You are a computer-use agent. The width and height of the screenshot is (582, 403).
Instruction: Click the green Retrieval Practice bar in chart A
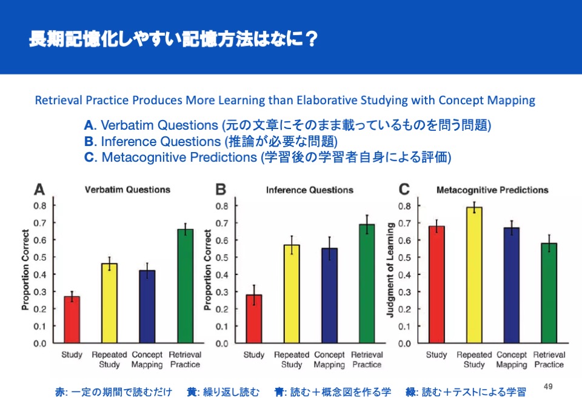tap(186, 286)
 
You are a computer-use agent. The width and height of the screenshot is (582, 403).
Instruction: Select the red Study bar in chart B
tap(254, 319)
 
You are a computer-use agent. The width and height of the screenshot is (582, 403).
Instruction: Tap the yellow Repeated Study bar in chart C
tap(474, 275)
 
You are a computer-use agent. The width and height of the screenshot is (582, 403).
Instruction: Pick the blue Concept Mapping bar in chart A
tap(147, 307)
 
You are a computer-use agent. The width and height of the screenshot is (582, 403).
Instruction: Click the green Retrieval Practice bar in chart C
tap(549, 293)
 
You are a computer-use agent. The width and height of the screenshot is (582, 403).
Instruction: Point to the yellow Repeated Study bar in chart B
tap(292, 294)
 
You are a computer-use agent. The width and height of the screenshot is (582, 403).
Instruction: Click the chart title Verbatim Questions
tap(127, 190)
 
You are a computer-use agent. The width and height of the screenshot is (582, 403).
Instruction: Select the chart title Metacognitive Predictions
tap(492, 190)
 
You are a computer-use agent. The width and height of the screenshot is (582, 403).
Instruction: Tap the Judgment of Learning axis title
tap(390, 270)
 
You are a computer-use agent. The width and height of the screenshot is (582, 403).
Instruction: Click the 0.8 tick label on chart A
tap(40, 205)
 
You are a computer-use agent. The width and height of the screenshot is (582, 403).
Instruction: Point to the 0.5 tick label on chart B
tap(222, 257)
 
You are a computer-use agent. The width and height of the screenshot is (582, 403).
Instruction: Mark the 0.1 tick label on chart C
tap(404, 326)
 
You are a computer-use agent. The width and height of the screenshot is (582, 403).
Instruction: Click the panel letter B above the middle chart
tap(221, 189)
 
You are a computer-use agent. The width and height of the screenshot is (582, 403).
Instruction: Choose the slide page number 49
tap(548, 387)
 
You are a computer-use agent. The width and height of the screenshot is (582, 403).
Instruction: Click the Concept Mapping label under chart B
tap(329, 359)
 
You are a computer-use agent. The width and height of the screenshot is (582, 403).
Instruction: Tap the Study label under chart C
tap(436, 355)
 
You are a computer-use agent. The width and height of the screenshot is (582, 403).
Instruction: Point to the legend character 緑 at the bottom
tap(410, 392)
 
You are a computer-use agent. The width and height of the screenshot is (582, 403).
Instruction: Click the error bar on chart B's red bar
tap(254, 295)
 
